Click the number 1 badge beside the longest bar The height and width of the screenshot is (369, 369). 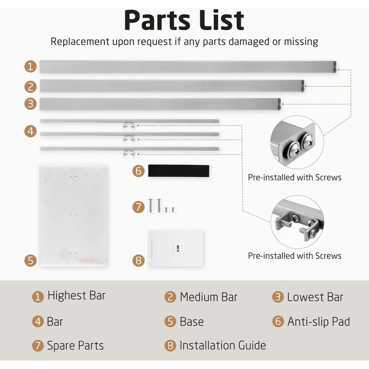tap(31, 66)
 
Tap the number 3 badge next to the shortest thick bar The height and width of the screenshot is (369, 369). tap(31, 104)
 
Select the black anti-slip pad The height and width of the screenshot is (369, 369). tap(179, 171)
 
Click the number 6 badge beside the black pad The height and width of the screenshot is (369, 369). tap(138, 171)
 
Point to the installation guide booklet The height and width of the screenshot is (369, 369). tap(176, 248)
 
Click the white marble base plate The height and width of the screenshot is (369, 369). tap(73, 216)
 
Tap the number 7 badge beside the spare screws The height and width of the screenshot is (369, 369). tap(138, 207)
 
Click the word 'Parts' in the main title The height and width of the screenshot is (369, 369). tap(157, 20)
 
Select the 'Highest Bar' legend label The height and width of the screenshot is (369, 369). tap(76, 295)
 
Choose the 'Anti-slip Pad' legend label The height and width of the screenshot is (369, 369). tap(318, 322)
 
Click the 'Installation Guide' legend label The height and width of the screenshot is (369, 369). tap(222, 345)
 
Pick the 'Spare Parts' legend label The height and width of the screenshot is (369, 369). tap(75, 346)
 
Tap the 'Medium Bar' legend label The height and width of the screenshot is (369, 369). tap(209, 297)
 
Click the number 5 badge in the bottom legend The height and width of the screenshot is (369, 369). tap(170, 322)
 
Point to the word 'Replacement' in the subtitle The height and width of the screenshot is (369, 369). tap(80, 42)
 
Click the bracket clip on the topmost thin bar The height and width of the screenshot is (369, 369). tap(129, 125)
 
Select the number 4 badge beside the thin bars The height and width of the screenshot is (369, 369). tap(31, 131)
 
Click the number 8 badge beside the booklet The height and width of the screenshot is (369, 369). tap(138, 260)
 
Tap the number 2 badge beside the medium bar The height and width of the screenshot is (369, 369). tap(31, 86)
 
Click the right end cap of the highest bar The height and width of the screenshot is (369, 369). tap(335, 67)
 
